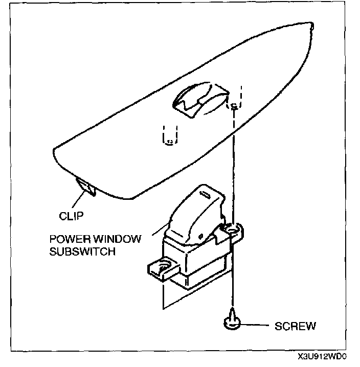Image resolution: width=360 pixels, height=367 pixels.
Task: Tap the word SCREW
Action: (295, 325)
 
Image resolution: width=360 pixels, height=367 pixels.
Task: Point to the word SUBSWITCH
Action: (90, 251)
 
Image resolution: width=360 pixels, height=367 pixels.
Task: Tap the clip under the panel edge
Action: (85, 188)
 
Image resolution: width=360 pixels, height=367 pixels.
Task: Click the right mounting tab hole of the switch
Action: (233, 230)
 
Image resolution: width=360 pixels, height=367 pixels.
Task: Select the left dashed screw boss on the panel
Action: (170, 135)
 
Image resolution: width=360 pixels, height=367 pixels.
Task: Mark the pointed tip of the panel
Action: (311, 24)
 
